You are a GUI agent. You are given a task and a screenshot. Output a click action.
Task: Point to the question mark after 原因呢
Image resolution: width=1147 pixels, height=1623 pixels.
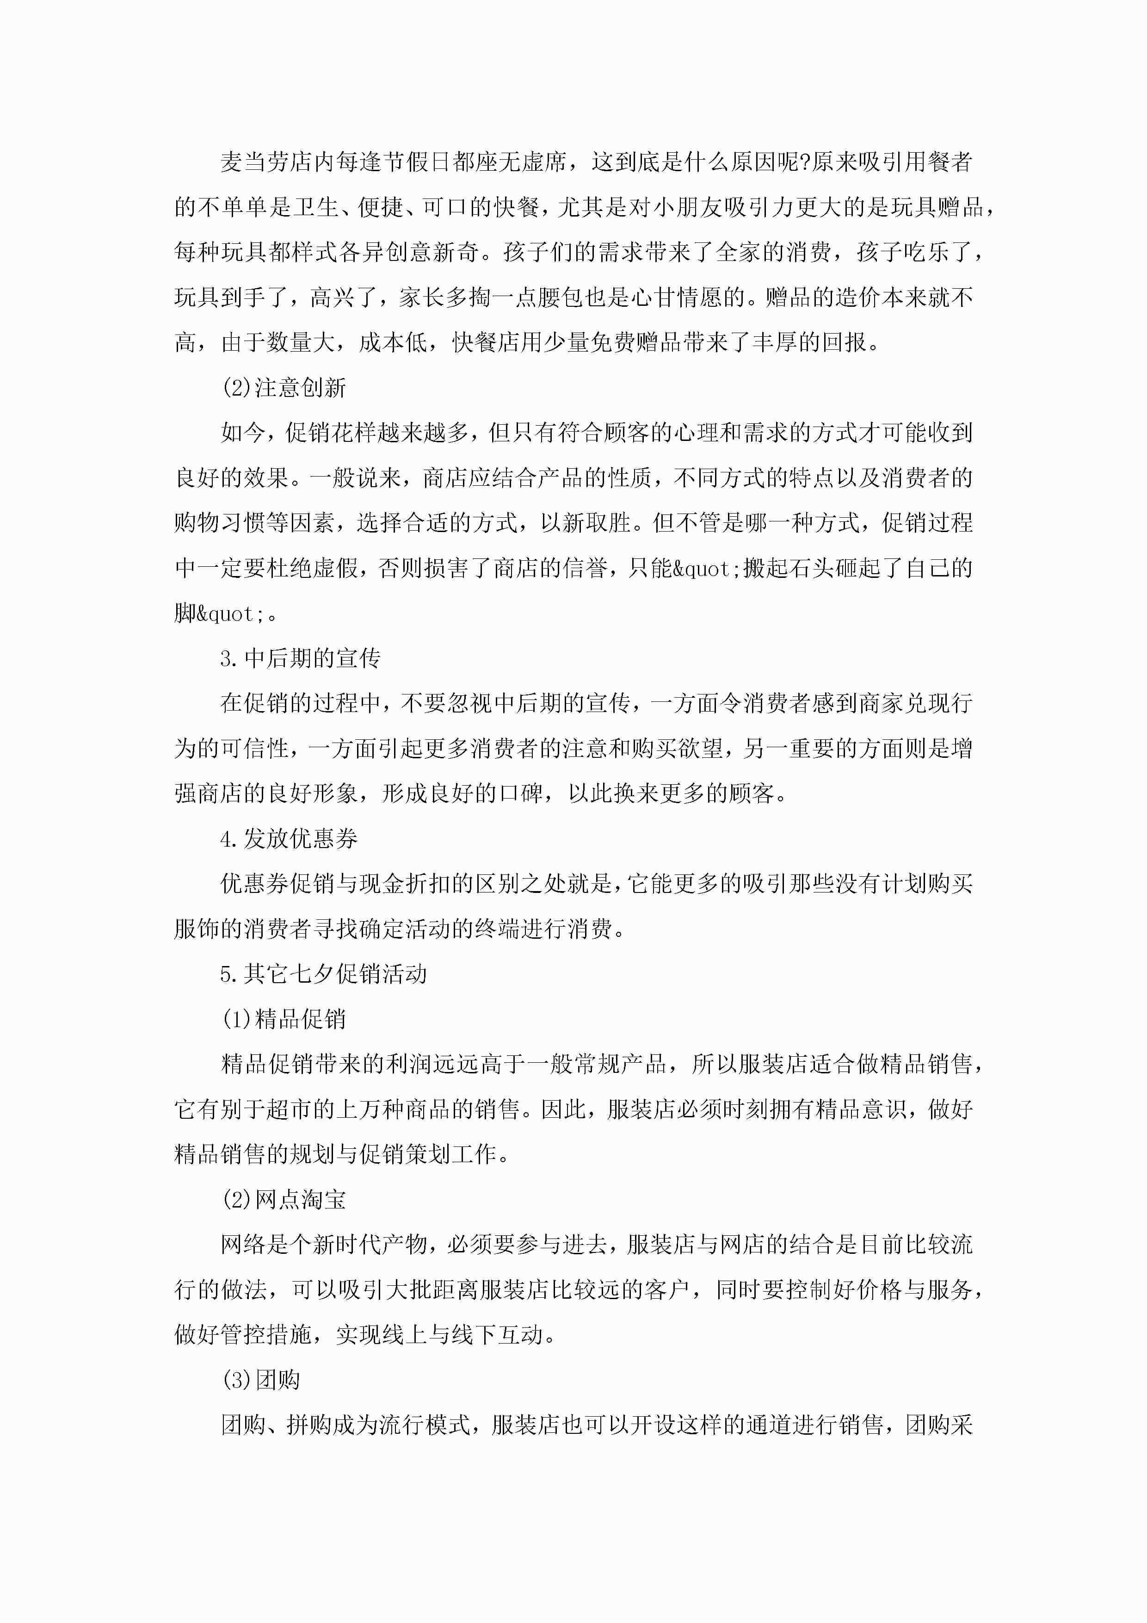(803, 162)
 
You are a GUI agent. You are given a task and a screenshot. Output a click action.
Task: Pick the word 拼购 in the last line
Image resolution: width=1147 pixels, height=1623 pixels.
(309, 1425)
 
